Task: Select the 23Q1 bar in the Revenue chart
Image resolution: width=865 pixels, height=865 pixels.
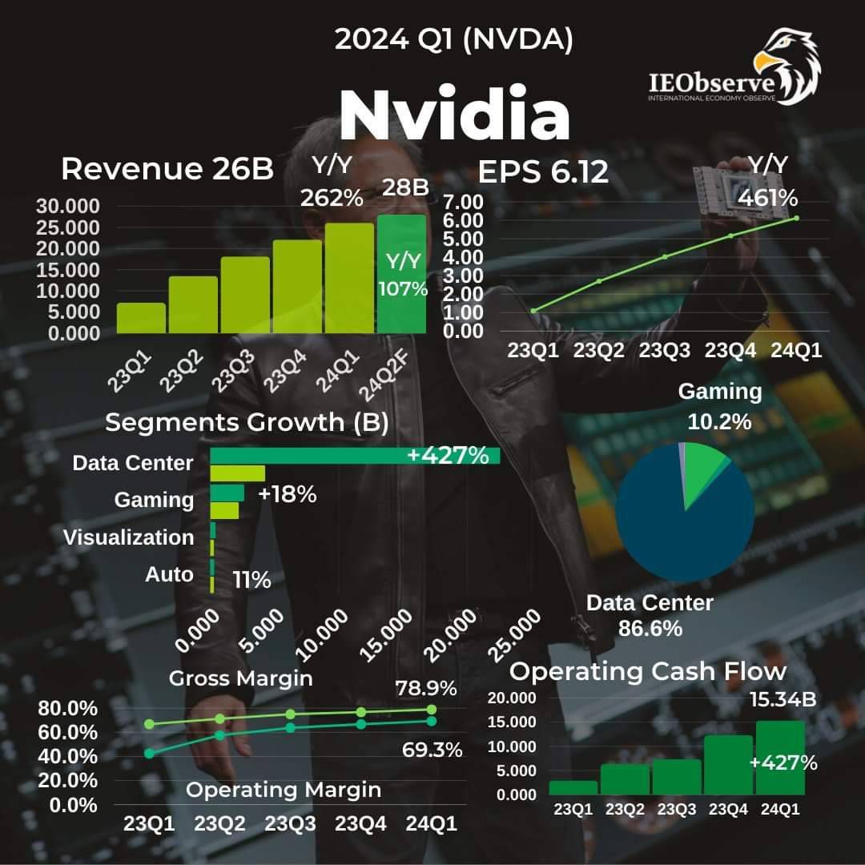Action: (141, 318)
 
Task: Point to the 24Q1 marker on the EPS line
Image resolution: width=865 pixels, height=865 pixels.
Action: (796, 218)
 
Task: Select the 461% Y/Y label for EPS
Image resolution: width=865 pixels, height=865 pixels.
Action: (767, 197)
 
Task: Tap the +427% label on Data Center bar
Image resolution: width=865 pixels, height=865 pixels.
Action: (448, 456)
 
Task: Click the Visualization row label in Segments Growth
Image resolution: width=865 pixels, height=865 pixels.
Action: (128, 537)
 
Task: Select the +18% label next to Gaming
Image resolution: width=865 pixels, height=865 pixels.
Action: (288, 495)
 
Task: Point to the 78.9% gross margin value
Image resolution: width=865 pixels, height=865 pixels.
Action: (426, 688)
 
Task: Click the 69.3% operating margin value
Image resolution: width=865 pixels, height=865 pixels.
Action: (432, 750)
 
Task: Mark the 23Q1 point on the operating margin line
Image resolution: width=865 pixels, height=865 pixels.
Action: (150, 754)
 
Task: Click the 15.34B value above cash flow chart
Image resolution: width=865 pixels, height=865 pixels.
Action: (783, 699)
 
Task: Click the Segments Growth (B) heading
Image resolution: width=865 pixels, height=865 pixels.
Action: (247, 423)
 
